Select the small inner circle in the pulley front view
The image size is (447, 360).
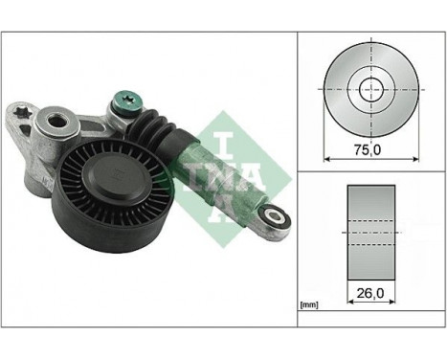368,88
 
